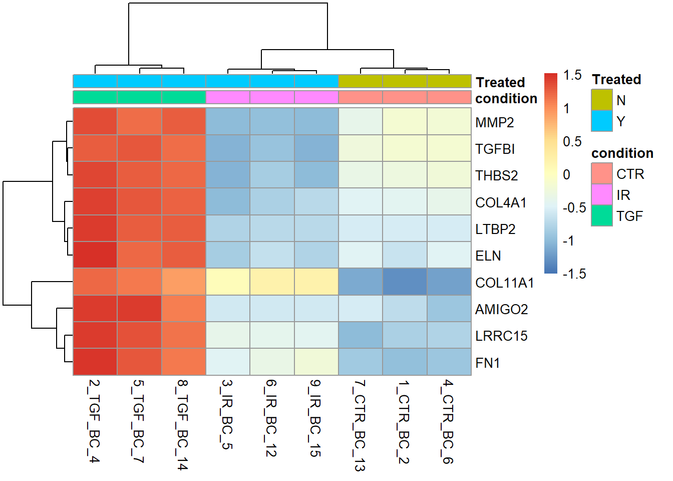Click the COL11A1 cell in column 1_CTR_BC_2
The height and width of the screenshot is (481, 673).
[x=405, y=282]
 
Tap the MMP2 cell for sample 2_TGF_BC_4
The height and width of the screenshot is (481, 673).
[x=95, y=121]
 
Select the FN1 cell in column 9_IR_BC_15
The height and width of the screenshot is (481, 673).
[x=316, y=362]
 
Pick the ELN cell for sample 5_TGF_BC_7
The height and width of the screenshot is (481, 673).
[x=139, y=255]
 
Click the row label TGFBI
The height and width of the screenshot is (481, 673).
[x=495, y=149]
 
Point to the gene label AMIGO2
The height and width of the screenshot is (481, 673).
[x=501, y=309]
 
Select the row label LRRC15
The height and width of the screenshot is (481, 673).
[x=501, y=336]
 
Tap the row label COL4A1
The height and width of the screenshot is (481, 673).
[x=501, y=202]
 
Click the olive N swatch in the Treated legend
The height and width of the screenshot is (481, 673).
[x=601, y=100]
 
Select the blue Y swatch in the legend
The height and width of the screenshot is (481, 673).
[x=601, y=121]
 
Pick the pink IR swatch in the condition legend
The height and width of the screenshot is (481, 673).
[x=601, y=194]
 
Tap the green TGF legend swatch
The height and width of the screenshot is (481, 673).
[x=601, y=215]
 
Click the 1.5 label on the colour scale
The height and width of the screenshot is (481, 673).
[x=572, y=75]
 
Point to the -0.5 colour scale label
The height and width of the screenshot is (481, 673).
[x=574, y=207]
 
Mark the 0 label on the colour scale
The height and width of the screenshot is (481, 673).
[x=566, y=174]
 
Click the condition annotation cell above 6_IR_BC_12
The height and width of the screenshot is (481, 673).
[x=272, y=97]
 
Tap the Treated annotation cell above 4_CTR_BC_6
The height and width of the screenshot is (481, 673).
[x=449, y=81]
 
